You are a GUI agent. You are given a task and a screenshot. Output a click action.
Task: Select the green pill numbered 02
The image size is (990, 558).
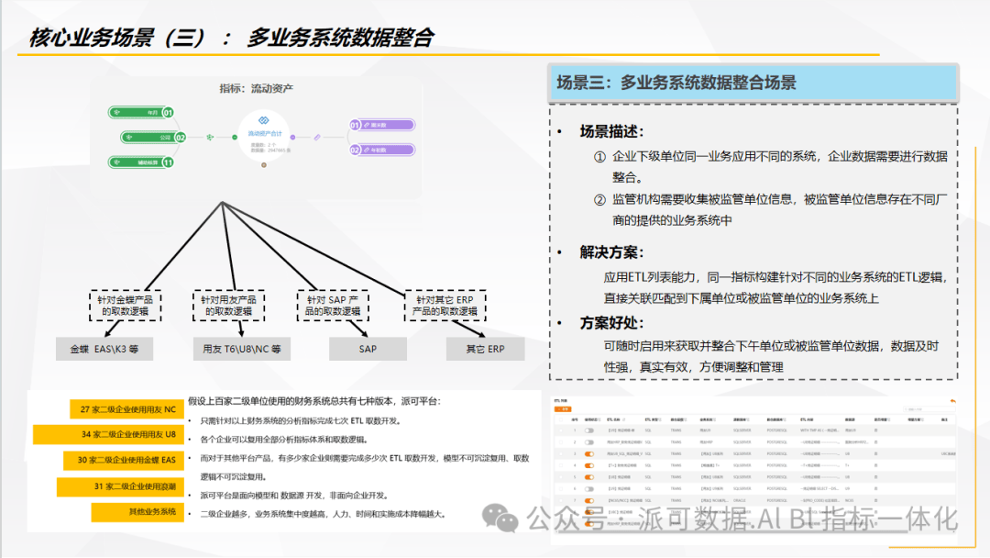pyautogui.click(x=152, y=138)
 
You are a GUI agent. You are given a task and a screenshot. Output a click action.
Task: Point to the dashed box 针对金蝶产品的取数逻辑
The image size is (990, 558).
pyautogui.click(x=131, y=306)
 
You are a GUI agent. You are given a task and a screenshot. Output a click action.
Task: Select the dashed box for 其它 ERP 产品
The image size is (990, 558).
pyautogui.click(x=445, y=306)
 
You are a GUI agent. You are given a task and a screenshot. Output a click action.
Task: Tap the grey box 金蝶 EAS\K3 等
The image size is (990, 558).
pyautogui.click(x=104, y=350)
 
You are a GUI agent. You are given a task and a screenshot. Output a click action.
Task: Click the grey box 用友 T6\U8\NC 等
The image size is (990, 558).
pyautogui.click(x=242, y=350)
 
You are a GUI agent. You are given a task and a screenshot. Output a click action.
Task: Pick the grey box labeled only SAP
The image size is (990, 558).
pyautogui.click(x=368, y=350)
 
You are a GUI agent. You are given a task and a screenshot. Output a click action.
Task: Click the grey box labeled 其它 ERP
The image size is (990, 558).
pyautogui.click(x=485, y=350)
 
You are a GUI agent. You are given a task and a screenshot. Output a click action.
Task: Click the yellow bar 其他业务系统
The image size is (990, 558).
pyautogui.click(x=137, y=511)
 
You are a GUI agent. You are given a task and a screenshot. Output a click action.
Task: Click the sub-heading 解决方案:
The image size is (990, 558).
pyautogui.click(x=612, y=251)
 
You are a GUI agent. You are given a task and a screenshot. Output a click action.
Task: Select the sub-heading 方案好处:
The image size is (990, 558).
pyautogui.click(x=612, y=323)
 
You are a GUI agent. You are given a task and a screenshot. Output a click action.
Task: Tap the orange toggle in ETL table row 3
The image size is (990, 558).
pyautogui.click(x=590, y=453)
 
